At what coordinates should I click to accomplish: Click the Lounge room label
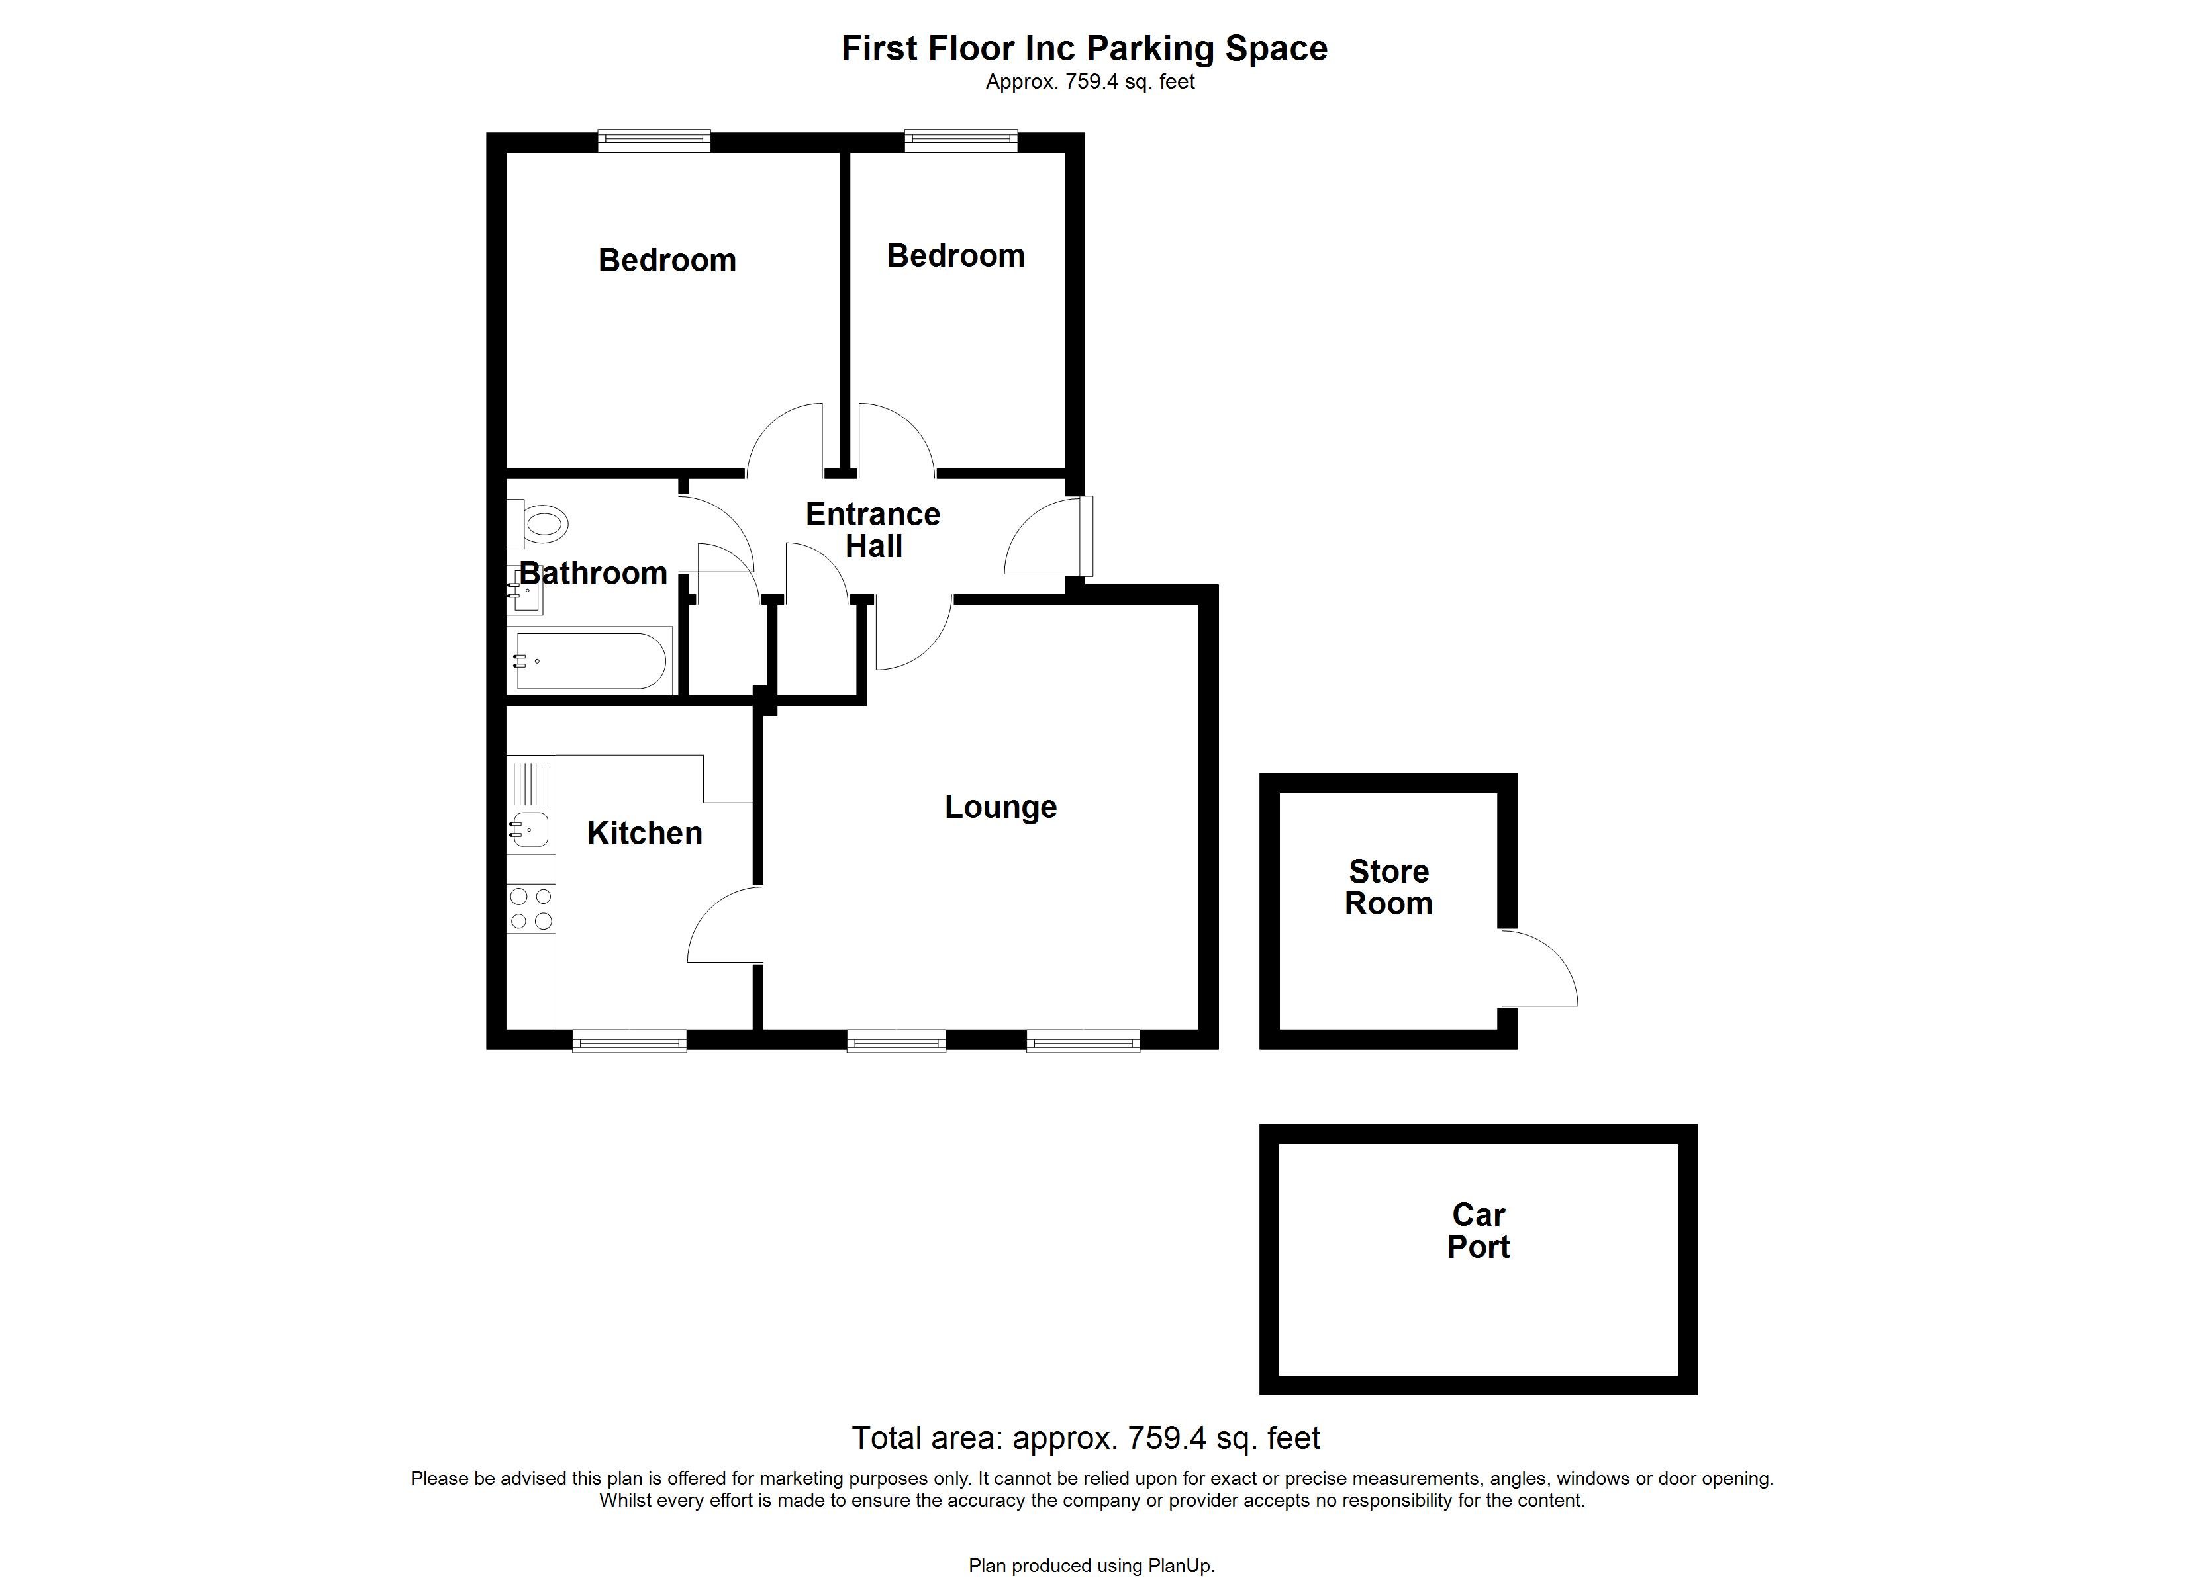point(1000,807)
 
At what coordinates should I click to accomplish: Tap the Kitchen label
point(644,833)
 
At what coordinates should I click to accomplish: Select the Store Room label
point(1388,887)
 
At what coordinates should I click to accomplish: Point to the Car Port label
point(1478,1231)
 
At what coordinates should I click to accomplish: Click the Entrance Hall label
point(873,529)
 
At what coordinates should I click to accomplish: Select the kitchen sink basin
point(530,828)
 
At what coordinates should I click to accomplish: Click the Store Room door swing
point(1537,969)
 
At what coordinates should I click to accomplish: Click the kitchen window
point(629,1040)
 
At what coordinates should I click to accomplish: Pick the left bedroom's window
point(654,142)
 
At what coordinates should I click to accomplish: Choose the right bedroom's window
point(961,142)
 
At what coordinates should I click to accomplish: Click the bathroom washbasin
point(528,592)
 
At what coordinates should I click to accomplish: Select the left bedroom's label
point(667,260)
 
